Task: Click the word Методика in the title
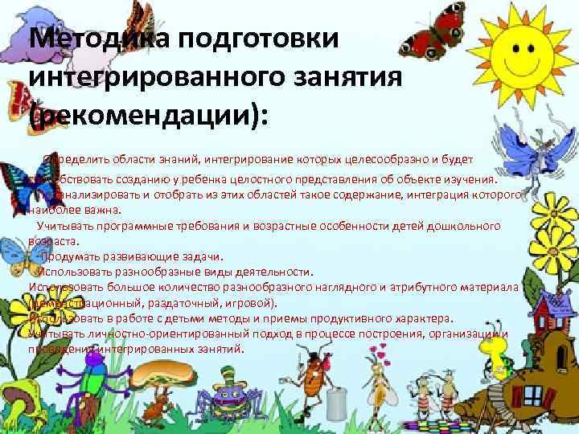(x=85, y=39)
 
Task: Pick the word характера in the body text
(x=425, y=317)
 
